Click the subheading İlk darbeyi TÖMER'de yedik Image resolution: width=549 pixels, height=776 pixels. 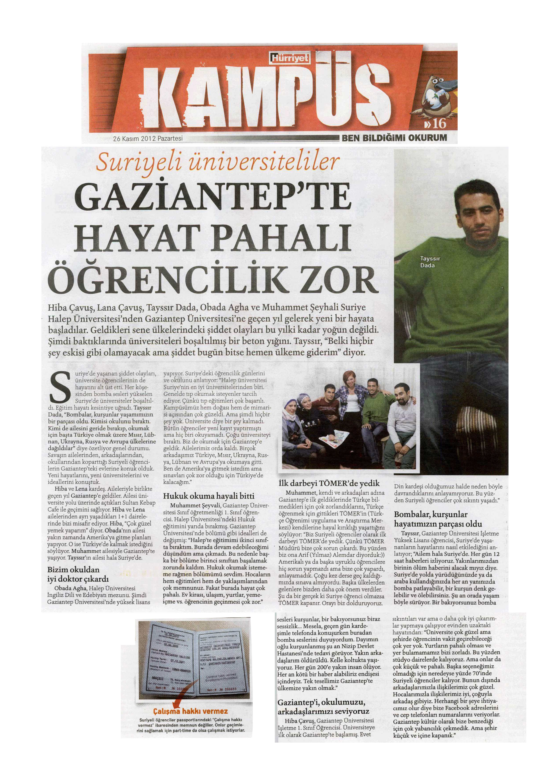[329, 483]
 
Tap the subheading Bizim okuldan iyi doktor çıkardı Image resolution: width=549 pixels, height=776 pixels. [78, 574]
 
